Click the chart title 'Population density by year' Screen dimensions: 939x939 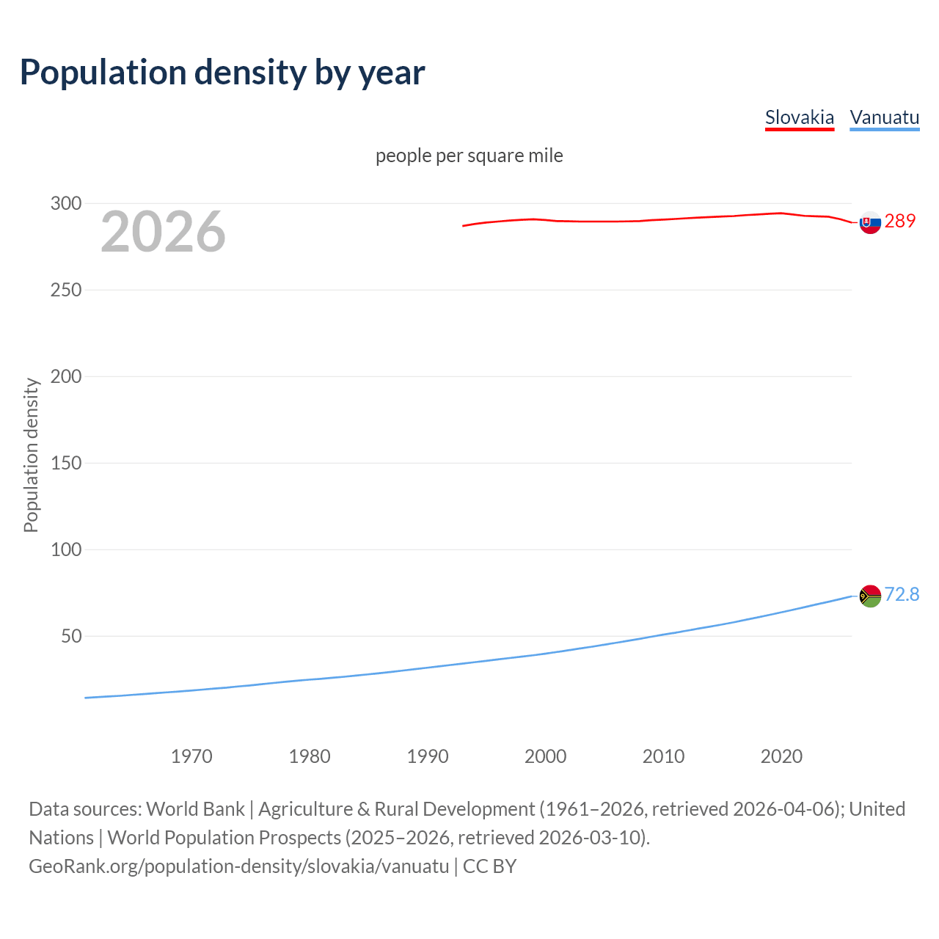[222, 73]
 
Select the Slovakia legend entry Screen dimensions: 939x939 [799, 117]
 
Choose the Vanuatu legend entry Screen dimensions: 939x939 [884, 117]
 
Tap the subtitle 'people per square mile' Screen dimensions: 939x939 [469, 156]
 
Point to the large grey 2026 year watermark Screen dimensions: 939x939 [163, 232]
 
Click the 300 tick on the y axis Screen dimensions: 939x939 [66, 203]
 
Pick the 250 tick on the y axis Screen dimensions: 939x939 [66, 290]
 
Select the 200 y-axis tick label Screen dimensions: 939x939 [66, 376]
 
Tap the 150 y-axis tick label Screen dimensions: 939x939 [66, 463]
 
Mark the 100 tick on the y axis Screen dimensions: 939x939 [66, 549]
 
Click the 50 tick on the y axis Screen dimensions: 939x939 [71, 636]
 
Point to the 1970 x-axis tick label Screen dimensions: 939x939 [191, 756]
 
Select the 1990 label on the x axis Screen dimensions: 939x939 [428, 756]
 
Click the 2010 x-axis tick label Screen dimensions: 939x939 [663, 756]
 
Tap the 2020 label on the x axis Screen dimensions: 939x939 [781, 756]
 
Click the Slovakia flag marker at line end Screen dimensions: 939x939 [870, 222]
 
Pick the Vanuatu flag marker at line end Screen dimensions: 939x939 [870, 596]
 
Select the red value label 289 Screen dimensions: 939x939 [900, 221]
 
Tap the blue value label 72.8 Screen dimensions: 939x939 [902, 594]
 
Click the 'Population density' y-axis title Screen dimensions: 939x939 [31, 455]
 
